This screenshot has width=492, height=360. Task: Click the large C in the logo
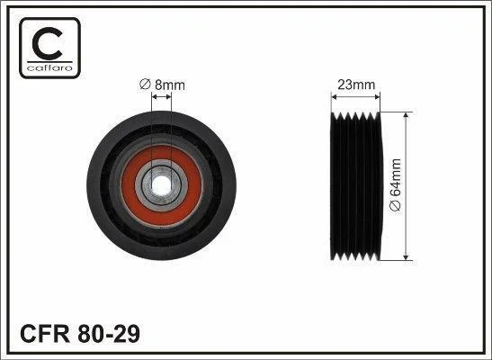(x=47, y=43)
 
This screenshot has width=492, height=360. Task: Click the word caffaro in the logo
(x=49, y=67)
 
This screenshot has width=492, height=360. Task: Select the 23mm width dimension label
(x=356, y=85)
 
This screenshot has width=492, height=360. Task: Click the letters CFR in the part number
(x=45, y=334)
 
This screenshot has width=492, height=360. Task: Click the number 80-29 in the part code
(x=109, y=334)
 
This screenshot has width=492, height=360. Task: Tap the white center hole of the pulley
(x=161, y=184)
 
